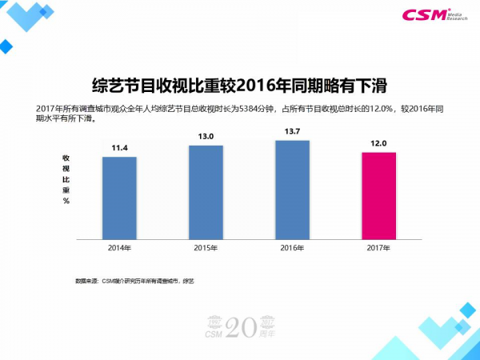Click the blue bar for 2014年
(119, 198)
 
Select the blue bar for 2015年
(206, 192)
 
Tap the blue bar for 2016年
(292, 190)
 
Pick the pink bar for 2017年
(378, 195)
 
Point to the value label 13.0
(206, 137)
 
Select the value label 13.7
(292, 131)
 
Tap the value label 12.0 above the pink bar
(378, 143)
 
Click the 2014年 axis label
(119, 248)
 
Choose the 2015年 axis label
(206, 248)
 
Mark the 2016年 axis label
(292, 248)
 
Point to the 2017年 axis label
(378, 248)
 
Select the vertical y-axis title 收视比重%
(66, 180)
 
